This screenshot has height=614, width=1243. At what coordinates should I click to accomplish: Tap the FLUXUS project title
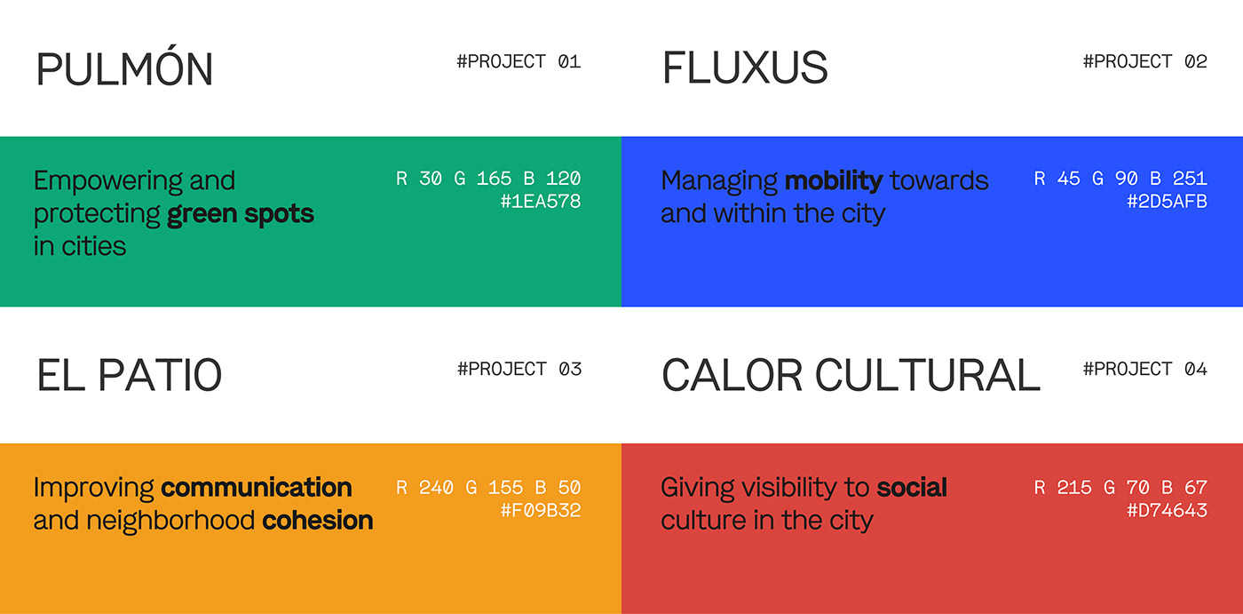(x=745, y=68)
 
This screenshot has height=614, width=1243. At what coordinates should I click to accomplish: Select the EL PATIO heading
(x=130, y=375)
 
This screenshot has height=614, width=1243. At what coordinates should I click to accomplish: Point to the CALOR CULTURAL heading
(x=851, y=375)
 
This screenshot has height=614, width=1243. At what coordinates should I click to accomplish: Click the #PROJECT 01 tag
(x=519, y=61)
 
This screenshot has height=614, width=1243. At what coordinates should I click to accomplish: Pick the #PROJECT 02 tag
(x=1144, y=61)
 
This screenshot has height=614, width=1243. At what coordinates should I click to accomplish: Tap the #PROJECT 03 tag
(x=519, y=369)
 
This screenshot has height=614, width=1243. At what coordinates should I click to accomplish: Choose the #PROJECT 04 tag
(x=1144, y=369)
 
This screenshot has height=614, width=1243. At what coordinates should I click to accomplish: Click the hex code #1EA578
(x=541, y=201)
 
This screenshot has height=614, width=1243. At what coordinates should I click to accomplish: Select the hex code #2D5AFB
(x=1167, y=201)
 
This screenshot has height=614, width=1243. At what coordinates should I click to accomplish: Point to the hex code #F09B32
(x=541, y=510)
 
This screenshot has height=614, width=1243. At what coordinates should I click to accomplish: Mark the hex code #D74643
(x=1167, y=510)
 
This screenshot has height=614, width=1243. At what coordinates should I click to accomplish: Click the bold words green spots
(x=241, y=214)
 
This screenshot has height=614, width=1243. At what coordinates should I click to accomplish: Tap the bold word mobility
(x=834, y=181)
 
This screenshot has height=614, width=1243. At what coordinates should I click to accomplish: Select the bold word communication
(x=257, y=488)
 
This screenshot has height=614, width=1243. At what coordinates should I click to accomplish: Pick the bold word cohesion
(x=318, y=520)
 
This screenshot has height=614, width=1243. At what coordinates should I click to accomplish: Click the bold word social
(x=912, y=488)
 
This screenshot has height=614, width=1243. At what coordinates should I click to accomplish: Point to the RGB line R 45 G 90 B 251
(x=1120, y=179)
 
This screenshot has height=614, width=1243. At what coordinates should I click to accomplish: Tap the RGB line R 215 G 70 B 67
(x=1120, y=488)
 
